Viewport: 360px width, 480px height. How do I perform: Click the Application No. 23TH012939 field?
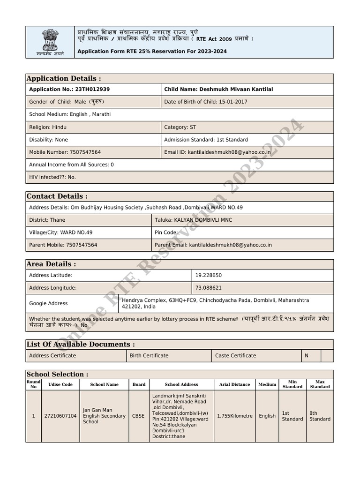(x=69, y=89)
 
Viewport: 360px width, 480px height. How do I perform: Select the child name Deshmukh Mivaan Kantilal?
(x=218, y=89)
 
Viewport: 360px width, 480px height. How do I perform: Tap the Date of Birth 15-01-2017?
(x=205, y=102)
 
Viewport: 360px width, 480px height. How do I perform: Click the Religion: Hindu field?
(x=46, y=127)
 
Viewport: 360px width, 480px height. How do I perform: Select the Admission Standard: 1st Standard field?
(x=206, y=140)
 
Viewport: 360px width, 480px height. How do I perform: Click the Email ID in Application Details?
(x=217, y=152)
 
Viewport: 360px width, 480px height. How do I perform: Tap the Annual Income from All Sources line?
(x=71, y=165)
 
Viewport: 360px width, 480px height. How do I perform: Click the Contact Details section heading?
(x=57, y=196)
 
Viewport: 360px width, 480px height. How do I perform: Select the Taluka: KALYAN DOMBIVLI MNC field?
(x=193, y=220)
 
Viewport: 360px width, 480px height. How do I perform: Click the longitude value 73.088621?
(x=209, y=288)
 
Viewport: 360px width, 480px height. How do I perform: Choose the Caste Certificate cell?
(x=235, y=355)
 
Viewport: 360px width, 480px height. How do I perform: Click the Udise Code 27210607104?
(x=60, y=416)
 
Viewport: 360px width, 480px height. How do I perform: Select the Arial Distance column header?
(x=234, y=384)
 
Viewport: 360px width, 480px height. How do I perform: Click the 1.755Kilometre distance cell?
(x=234, y=416)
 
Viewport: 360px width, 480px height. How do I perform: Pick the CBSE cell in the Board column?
(x=139, y=416)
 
